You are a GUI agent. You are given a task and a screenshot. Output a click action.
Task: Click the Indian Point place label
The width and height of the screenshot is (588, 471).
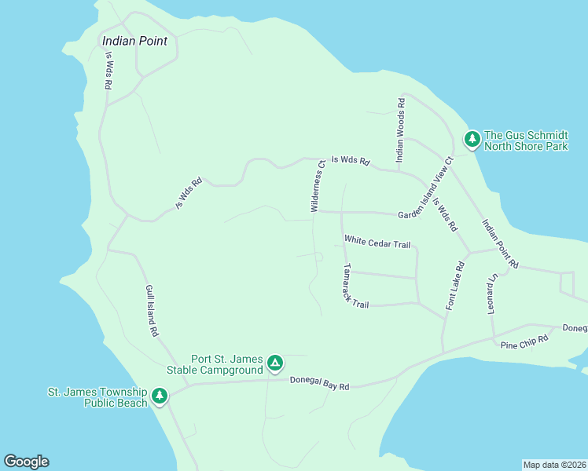coord(134,41)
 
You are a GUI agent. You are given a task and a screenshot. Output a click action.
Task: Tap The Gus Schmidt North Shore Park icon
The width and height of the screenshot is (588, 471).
coord(472,139)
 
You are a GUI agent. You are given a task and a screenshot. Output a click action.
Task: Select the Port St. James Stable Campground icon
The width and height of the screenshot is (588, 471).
coord(274,363)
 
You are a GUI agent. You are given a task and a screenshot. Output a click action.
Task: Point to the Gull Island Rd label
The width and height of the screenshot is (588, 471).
coord(152,311)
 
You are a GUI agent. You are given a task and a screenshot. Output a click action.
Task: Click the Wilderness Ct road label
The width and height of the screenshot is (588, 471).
coord(318,186)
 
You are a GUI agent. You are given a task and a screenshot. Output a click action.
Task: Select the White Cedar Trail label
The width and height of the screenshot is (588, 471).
coord(377,243)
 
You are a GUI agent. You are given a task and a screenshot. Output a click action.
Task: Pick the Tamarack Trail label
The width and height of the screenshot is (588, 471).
coord(355,285)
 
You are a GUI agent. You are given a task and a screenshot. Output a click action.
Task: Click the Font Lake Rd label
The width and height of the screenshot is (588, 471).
coord(455,286)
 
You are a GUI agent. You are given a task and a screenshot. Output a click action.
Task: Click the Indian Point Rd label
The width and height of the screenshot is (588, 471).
coord(500,244)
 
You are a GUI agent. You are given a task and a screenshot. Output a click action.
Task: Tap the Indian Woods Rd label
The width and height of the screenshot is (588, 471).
coord(401,130)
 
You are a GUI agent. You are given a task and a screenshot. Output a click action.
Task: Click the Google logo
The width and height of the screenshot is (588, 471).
coord(26,462)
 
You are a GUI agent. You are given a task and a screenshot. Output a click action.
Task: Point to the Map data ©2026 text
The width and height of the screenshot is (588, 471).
coord(554,465)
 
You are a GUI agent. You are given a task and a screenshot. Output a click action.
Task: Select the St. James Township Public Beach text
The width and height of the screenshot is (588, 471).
coord(97,397)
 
